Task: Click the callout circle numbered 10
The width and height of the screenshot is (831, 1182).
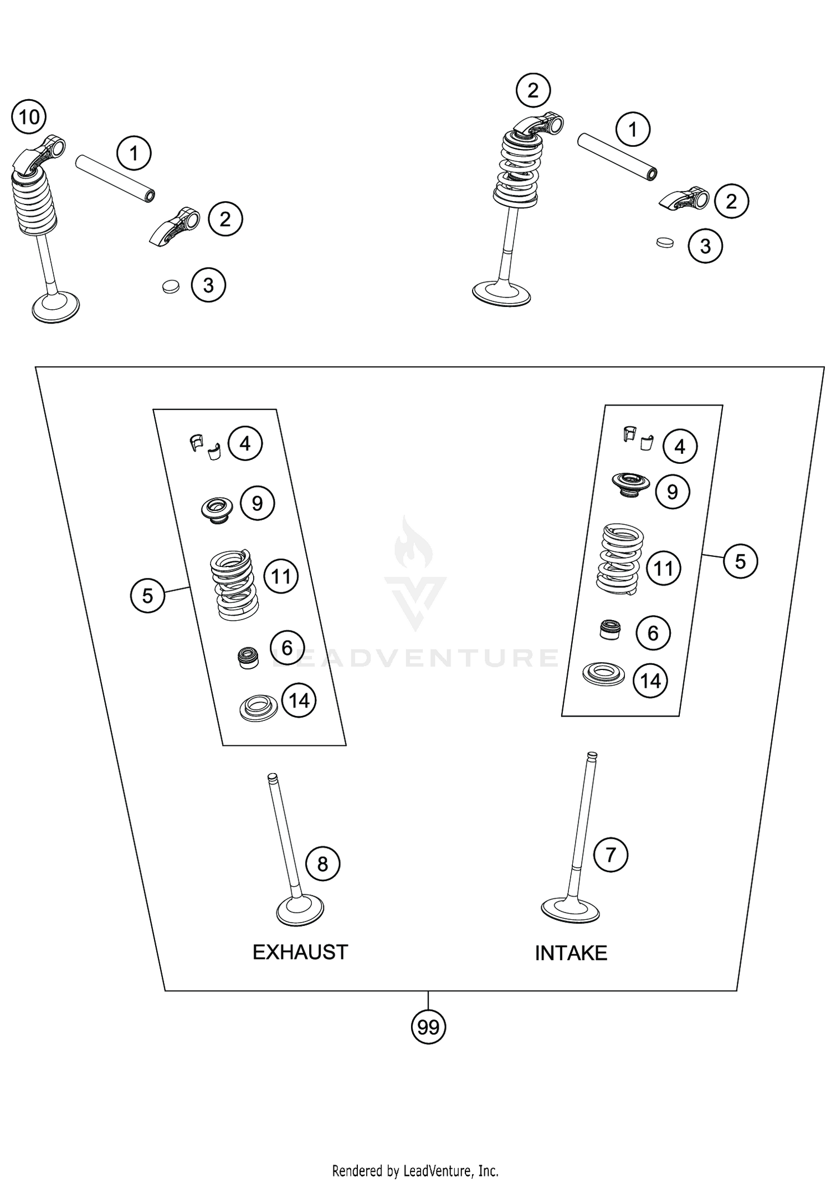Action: pos(29,117)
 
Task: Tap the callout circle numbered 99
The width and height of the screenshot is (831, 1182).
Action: pos(428,1027)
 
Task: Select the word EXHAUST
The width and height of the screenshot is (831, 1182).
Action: pos(300,952)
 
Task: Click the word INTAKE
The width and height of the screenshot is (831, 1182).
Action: pos(571,953)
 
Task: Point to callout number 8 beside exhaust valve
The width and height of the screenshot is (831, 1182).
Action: pos(322,863)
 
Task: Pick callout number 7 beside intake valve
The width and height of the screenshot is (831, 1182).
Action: pos(610,854)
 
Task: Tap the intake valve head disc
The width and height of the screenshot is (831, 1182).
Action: pos(570,909)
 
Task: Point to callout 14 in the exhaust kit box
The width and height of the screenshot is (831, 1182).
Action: pos(299,700)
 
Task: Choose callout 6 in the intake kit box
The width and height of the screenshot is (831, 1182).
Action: pos(653,633)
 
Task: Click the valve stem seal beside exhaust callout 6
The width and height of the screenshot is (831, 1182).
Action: pos(248,657)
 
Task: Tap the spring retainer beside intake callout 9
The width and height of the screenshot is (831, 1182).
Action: pos(630,484)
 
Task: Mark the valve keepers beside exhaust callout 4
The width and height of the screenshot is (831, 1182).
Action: pos(206,447)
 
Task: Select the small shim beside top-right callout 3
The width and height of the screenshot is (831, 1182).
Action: pos(664,242)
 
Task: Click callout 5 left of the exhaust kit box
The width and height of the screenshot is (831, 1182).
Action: pos(147,596)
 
